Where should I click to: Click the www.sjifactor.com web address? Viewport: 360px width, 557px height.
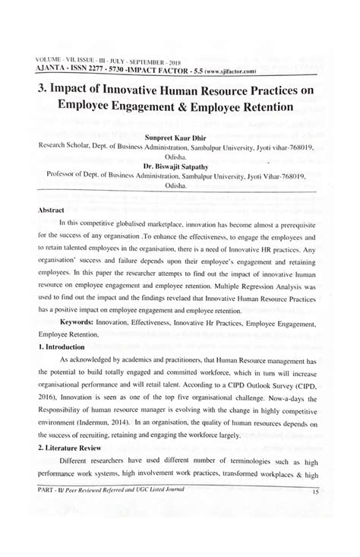pos(245,68)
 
